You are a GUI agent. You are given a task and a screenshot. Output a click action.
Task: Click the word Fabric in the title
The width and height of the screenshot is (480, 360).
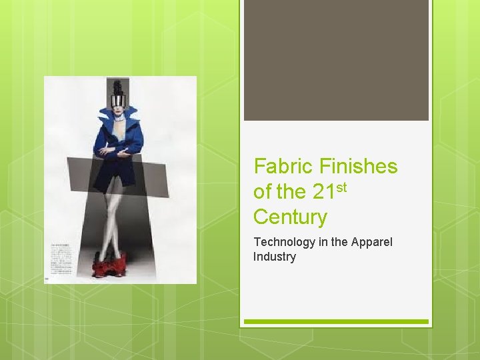point(284,167)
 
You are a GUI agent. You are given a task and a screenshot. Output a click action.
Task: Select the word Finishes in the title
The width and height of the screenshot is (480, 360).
point(359,167)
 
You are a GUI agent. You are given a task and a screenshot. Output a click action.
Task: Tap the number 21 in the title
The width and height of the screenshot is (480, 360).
point(323,192)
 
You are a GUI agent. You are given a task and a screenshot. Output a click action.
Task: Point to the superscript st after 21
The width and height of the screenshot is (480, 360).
point(341,187)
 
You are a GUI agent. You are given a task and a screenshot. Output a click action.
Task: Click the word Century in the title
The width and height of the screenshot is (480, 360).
point(290,217)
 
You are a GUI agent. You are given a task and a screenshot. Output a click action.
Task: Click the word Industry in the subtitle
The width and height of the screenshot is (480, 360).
point(274,257)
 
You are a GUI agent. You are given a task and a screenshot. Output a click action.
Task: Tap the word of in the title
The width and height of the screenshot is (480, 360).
point(263,192)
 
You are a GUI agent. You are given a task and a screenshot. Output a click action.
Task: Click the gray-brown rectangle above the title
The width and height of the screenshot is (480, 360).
point(336,60)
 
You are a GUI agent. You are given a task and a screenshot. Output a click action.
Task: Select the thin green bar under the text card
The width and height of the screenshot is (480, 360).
point(336,321)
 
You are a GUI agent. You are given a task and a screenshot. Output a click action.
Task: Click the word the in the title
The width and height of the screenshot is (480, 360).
point(291,192)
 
